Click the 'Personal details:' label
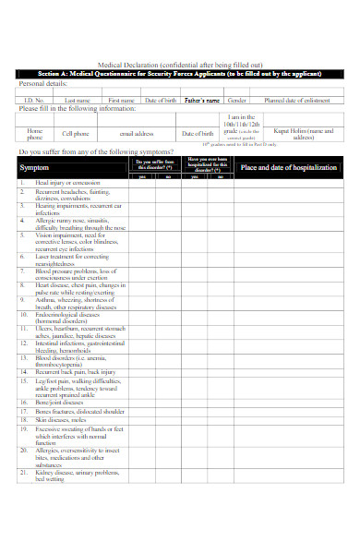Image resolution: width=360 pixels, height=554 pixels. [x=43, y=83]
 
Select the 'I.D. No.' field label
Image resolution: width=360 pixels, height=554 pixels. [x=35, y=100]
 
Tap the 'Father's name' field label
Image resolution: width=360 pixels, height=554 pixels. [x=202, y=100]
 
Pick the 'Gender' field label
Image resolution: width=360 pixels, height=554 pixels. [x=237, y=100]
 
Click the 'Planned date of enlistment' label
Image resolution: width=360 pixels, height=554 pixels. [x=298, y=100]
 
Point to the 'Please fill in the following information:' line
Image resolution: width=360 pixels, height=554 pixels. [x=83, y=108]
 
